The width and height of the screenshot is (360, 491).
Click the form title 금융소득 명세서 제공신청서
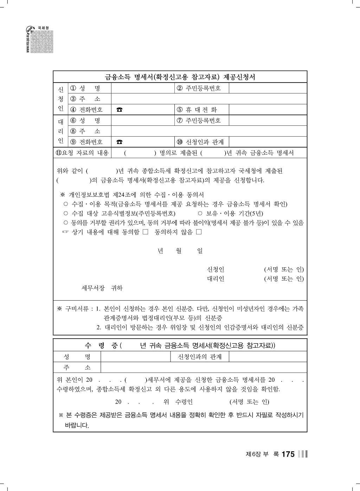(180, 77)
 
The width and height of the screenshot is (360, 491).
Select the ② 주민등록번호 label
(199, 88)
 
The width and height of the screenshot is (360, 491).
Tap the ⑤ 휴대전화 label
(197, 110)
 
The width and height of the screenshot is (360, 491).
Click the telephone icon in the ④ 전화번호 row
(120, 110)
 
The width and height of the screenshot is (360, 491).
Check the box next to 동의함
(146, 232)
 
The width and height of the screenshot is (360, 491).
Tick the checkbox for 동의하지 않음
(199, 232)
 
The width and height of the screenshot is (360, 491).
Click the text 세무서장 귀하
(102, 288)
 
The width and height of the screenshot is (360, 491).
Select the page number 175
(288, 454)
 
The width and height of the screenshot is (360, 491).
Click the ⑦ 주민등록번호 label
(199, 120)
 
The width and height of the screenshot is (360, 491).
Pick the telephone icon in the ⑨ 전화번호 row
(120, 142)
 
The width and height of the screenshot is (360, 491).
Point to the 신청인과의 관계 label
(200, 357)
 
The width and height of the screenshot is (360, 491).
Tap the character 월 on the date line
(179, 251)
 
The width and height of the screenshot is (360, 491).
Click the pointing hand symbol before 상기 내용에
(65, 232)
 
